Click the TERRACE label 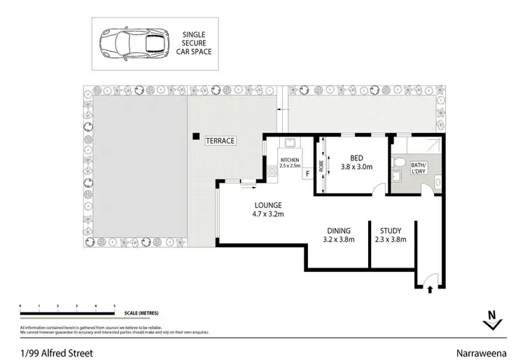220,141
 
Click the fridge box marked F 307,172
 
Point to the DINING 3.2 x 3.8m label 339,235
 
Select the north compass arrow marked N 493,319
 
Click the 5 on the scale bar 114,306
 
